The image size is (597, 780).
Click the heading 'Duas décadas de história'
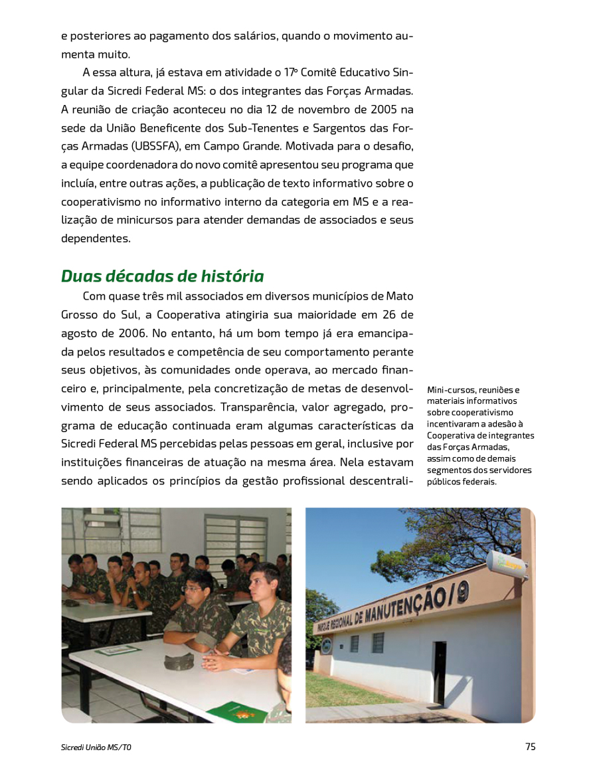(162, 276)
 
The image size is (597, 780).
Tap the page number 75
(530, 746)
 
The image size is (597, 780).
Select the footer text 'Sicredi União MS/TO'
(96, 747)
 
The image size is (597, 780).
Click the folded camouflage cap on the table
(179, 660)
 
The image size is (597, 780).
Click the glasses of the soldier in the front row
(192, 589)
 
